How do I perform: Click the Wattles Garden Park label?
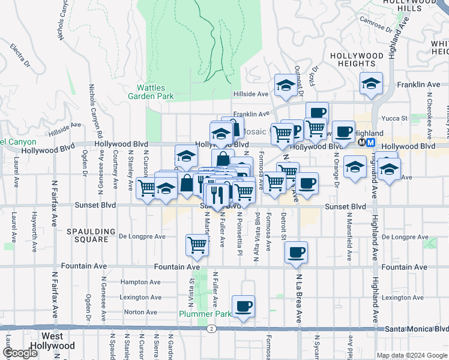(151, 91)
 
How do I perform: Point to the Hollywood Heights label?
(357, 59)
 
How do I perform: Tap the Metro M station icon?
(371, 143)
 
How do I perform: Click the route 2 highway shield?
(212, 329)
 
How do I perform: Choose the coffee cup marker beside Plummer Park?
(243, 306)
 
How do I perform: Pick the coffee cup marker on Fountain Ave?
(295, 252)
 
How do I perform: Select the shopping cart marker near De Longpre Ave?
(197, 245)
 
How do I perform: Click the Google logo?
(20, 353)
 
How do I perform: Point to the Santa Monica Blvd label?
(417, 329)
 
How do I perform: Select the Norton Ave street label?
(140, 312)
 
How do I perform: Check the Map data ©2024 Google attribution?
(412, 355)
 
